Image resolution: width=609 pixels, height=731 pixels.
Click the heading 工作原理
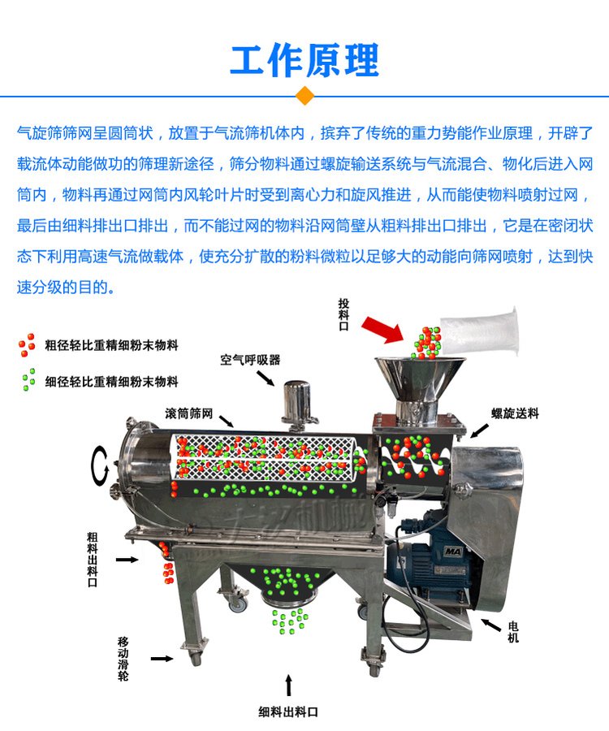point(304,59)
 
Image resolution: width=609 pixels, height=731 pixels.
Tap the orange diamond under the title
point(304,96)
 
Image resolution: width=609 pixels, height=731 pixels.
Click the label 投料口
point(344,314)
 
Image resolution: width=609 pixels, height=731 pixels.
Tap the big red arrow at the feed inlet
point(381,327)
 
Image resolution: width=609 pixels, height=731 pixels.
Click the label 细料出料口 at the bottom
point(288,712)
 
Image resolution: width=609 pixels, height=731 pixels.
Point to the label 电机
point(513,632)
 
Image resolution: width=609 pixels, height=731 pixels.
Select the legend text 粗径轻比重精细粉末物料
point(111,344)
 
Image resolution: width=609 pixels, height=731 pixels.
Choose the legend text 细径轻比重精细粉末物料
point(111,381)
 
